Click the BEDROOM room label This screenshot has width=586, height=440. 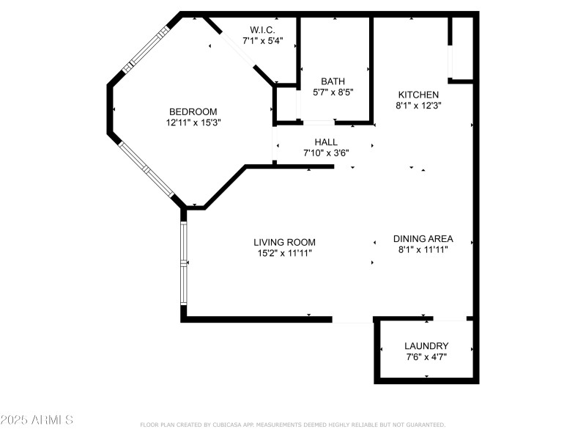tap(193, 111)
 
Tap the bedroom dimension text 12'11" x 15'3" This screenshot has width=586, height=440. tap(193, 123)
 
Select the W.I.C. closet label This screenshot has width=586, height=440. tap(262, 29)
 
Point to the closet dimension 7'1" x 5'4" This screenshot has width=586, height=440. tap(262, 41)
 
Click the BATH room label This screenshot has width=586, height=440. tap(333, 81)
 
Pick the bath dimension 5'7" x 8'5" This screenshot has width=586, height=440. tap(333, 93)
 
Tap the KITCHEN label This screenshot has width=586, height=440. tap(418, 95)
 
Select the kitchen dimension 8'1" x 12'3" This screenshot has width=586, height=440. tap(418, 106)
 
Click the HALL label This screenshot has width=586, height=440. tap(326, 142)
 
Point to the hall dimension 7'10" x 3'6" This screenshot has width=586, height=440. tap(326, 153)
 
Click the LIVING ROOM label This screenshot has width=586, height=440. tap(284, 242)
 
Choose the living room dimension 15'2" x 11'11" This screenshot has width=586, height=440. tap(284, 254)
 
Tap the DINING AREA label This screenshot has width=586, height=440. tap(423, 238)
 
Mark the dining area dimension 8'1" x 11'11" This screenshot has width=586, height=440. tap(423, 250)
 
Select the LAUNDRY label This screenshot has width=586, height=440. tap(426, 346)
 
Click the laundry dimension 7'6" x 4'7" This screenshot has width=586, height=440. tap(426, 357)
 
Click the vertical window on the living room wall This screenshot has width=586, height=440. tap(184, 264)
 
